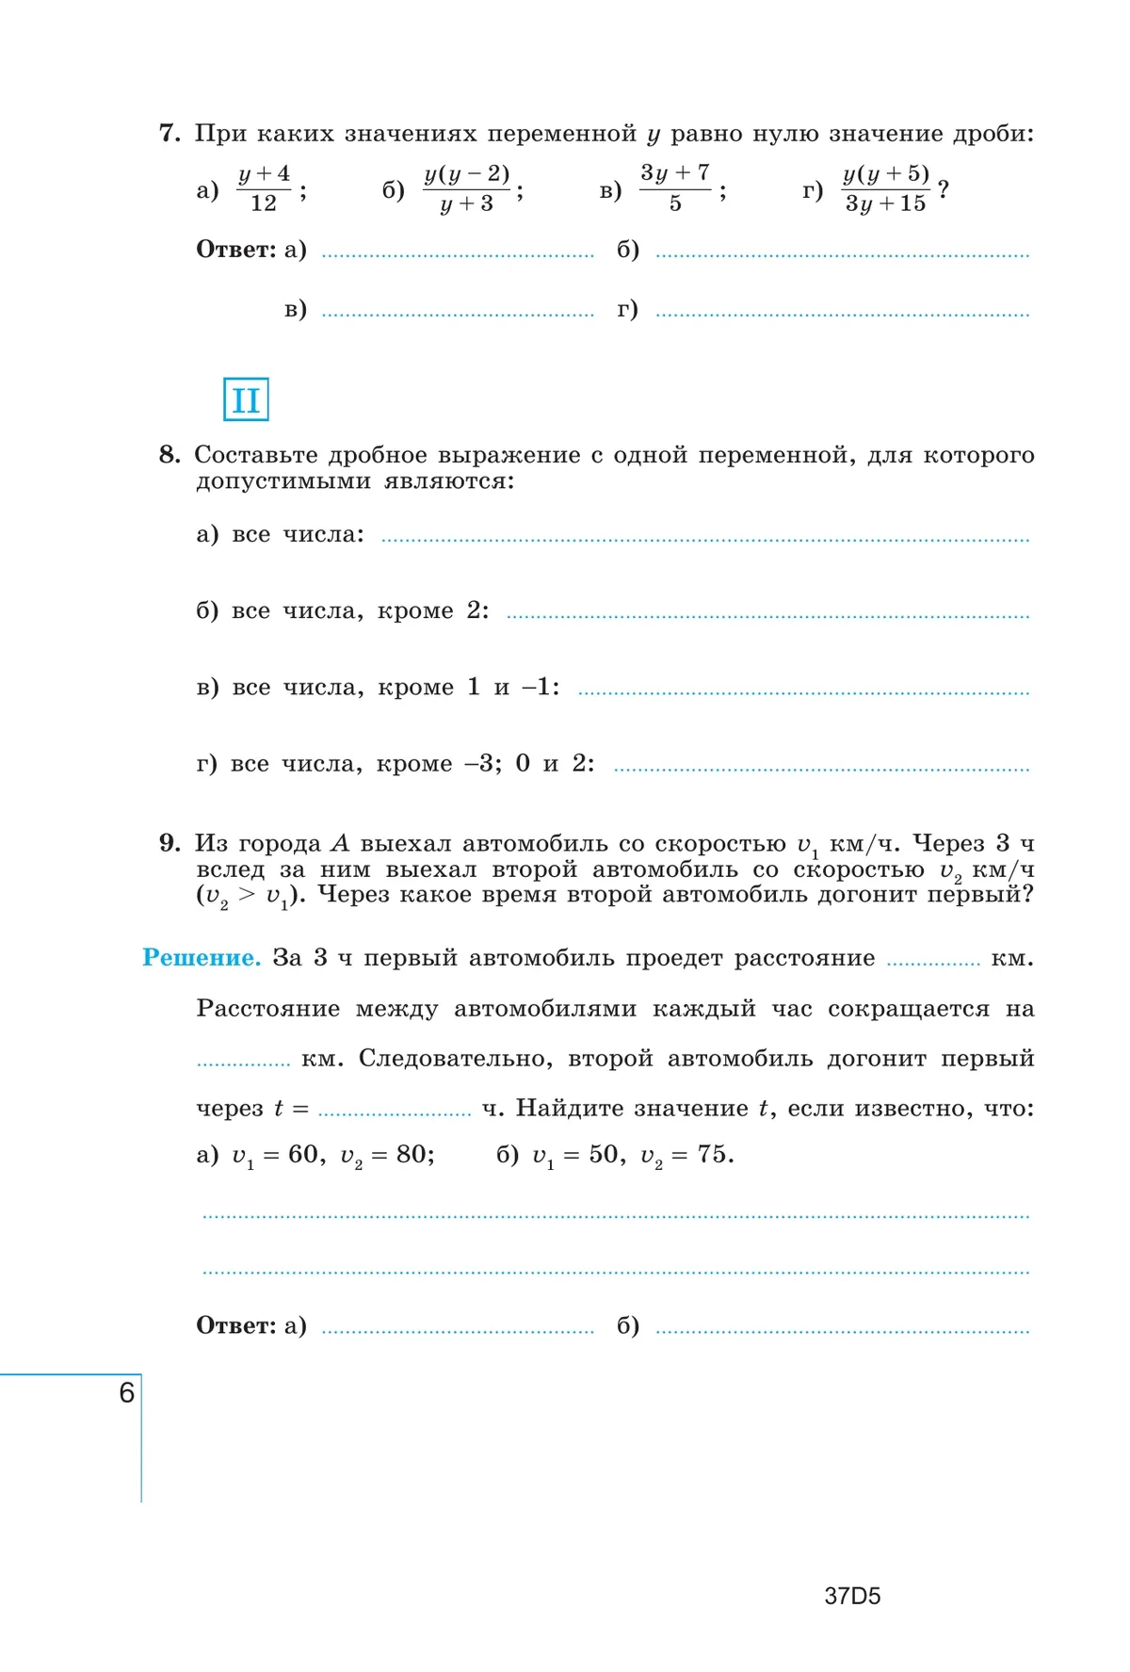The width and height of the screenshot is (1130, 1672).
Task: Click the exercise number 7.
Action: [169, 134]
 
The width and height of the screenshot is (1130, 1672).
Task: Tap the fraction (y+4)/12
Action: [264, 188]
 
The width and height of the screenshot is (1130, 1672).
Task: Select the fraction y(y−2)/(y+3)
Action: [466, 188]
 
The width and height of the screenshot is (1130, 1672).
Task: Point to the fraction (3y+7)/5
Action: [675, 188]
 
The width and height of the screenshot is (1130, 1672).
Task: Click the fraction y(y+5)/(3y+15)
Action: [885, 188]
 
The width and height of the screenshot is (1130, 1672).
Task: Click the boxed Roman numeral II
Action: [246, 399]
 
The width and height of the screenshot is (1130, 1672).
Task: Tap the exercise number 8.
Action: [169, 455]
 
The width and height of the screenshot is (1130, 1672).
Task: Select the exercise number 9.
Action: [169, 843]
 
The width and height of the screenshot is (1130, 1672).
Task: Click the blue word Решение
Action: [201, 958]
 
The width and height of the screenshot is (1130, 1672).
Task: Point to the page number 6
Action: [127, 1392]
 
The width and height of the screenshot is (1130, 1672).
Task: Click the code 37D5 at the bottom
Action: [852, 1596]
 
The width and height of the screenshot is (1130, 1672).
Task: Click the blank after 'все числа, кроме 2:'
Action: [767, 613]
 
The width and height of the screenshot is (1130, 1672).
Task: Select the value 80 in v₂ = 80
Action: [411, 1155]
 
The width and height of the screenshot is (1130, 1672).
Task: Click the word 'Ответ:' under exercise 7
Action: [235, 250]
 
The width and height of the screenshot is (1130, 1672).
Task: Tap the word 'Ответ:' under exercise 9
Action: [235, 1325]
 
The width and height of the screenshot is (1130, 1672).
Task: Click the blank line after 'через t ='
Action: [395, 1111]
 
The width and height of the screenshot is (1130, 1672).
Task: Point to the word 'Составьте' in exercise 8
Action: [256, 455]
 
